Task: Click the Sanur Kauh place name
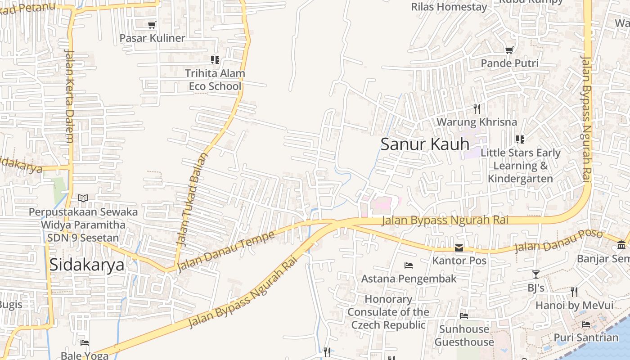tap(425, 144)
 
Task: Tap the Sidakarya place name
tap(86, 265)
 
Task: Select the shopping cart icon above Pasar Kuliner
tap(152, 25)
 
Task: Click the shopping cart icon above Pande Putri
tap(509, 50)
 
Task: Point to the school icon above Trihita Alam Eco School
tap(215, 59)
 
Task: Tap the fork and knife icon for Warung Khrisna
tap(477, 108)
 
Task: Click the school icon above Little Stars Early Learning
tap(520, 139)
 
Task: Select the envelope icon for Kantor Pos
tap(459, 247)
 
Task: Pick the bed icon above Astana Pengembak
tap(409, 265)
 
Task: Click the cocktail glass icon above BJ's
tap(535, 274)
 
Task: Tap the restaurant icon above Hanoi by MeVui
tap(574, 292)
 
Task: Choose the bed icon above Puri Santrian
tap(586, 324)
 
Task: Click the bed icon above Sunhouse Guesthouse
tap(464, 316)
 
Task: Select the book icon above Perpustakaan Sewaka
tap(83, 198)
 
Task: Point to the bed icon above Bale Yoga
tap(84, 343)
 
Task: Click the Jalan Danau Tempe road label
tap(225, 252)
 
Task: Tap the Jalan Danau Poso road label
tap(558, 241)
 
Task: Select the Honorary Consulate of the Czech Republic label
tap(388, 312)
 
